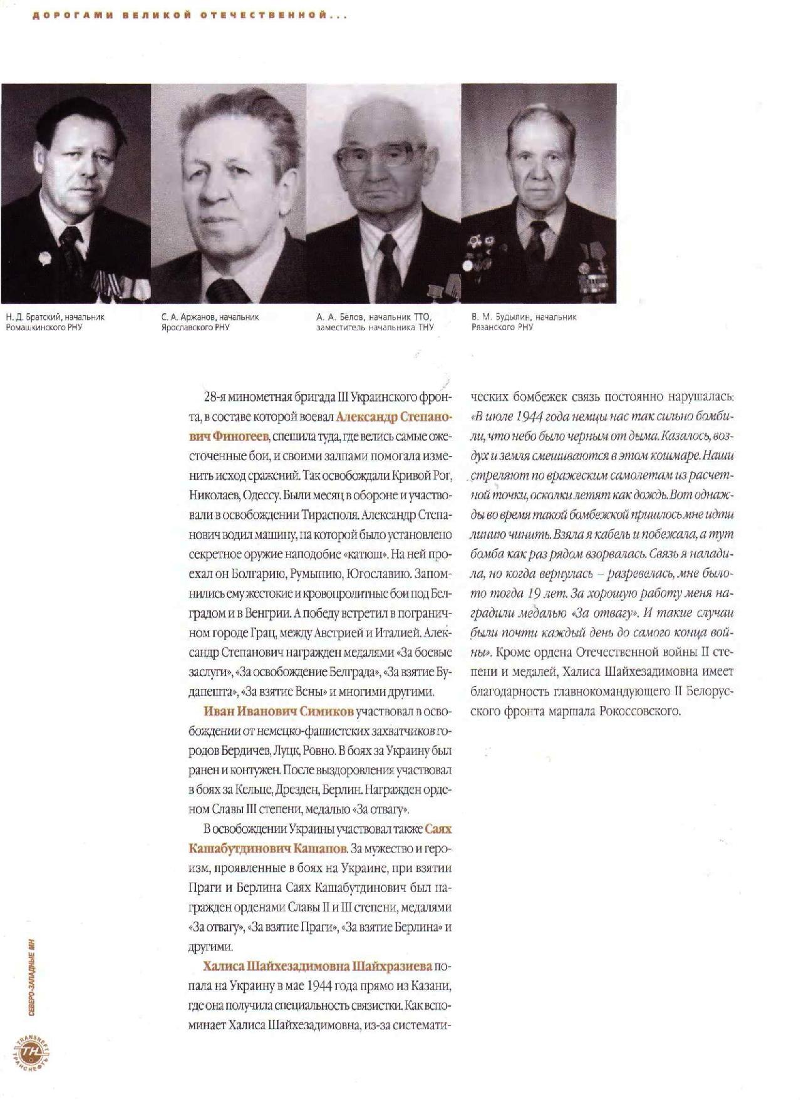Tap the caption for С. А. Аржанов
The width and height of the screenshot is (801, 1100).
tap(209, 321)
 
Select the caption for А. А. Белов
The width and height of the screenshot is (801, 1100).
tap(375, 321)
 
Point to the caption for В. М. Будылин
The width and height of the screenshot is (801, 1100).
tap(524, 321)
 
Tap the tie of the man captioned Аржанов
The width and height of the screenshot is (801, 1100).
tap(222, 290)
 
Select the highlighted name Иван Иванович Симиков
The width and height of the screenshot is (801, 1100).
tap(279, 711)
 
